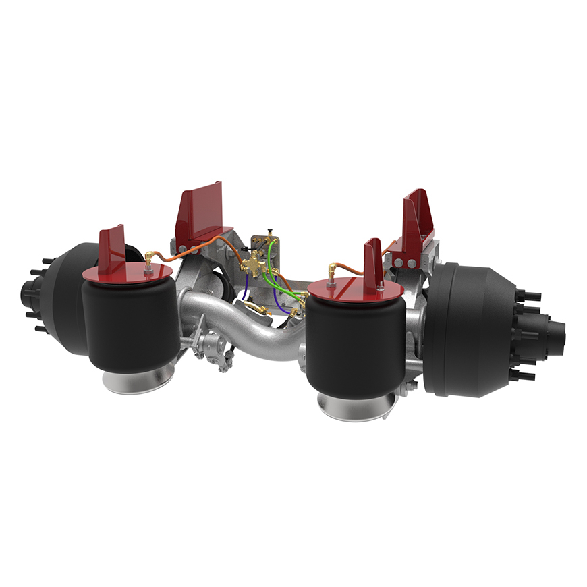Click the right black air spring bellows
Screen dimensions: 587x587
pyautogui.click(x=354, y=344)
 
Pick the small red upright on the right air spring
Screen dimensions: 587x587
pyautogui.click(x=373, y=263)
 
